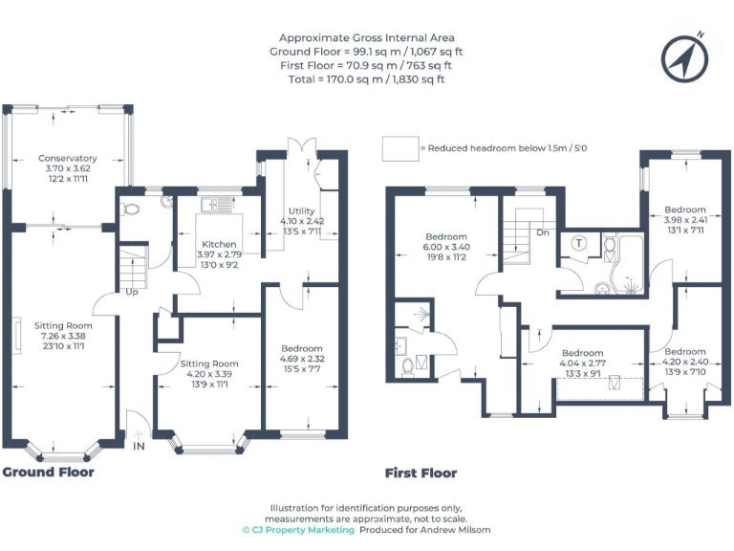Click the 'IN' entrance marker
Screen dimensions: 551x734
point(139,447)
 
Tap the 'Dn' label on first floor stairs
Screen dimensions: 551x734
point(543,232)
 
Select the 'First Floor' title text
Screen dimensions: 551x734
point(421,473)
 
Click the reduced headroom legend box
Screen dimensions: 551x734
point(399,148)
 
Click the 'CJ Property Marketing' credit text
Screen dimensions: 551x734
point(297,529)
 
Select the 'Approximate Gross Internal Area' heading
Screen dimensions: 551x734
point(366,37)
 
